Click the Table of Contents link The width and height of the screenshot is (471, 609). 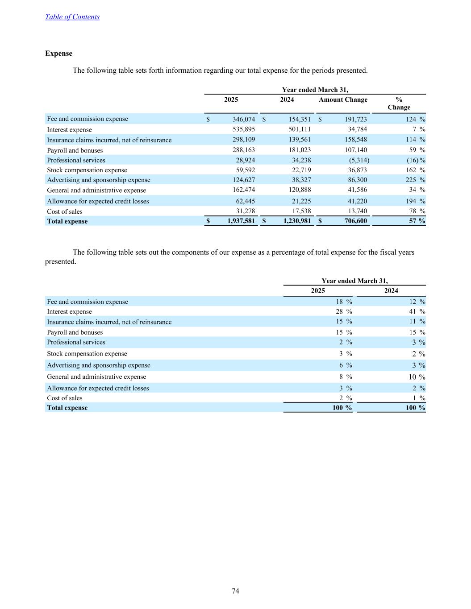click(72, 17)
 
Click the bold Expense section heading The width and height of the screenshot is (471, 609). click(58, 54)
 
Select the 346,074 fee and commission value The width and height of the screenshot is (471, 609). click(243, 120)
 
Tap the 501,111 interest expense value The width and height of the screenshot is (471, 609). click(300, 129)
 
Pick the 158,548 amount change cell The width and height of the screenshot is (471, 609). click(356, 140)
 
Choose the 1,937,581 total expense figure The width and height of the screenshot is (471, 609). click(238, 221)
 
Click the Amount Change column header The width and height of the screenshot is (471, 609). click(343, 99)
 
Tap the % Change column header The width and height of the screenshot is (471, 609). click(399, 104)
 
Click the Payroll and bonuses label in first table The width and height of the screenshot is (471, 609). click(75, 150)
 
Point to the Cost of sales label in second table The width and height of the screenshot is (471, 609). click(65, 398)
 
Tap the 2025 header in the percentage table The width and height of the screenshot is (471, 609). click(318, 291)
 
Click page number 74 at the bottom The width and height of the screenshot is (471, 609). click(236, 591)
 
